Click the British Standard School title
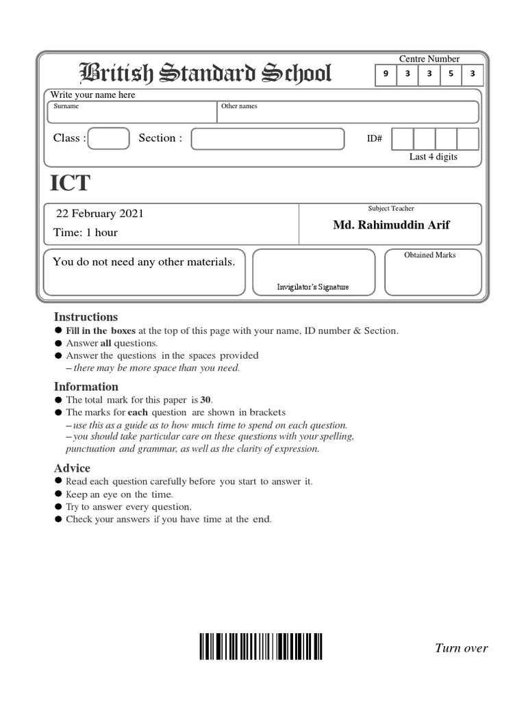[x=206, y=74]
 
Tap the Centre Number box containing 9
[x=386, y=75]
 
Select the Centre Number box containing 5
[x=451, y=75]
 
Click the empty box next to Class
[x=109, y=138]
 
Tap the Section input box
[x=267, y=138]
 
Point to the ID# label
[x=375, y=139]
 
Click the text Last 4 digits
[x=433, y=157]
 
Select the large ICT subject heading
[x=70, y=183]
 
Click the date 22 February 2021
[x=99, y=214]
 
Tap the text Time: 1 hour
[x=86, y=233]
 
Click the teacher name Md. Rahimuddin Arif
[x=391, y=225]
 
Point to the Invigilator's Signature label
[x=312, y=287]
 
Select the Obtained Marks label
[x=429, y=255]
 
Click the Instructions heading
[x=86, y=317]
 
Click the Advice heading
[x=72, y=468]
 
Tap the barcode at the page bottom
[x=261, y=646]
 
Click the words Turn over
[x=461, y=648]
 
